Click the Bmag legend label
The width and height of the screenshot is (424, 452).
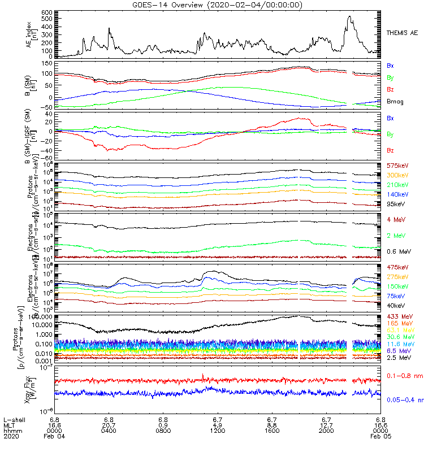(395, 101)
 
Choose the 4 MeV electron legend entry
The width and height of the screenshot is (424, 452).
(394, 219)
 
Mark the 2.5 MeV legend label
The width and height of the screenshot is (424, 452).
(398, 358)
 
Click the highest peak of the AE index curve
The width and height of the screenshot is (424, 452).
(349, 16)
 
